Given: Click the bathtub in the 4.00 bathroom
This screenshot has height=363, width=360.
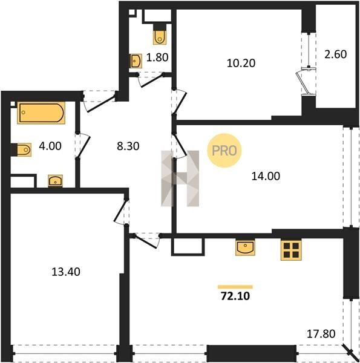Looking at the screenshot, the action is point(41,113).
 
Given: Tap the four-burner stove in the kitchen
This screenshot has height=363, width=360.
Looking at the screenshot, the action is point(291,250).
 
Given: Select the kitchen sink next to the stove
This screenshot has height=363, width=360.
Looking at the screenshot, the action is point(245,247).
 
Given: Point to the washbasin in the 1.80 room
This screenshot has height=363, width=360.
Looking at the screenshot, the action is point(136,61).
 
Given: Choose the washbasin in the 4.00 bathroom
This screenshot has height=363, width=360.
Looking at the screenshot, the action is point(55,180).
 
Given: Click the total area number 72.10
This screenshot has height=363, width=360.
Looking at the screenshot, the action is point(235,296).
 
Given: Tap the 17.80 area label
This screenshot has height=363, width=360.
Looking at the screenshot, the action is point(321,334).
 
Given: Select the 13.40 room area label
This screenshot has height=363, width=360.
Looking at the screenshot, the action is point(66,272).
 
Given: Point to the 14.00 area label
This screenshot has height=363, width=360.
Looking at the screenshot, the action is point(266,176).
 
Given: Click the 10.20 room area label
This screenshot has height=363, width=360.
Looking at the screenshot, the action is point(241,63).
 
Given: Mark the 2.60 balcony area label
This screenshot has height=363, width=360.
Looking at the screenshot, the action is point(335,54).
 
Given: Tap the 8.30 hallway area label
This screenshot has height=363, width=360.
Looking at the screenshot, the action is point(128,146).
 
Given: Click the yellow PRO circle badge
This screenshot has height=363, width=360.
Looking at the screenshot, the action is point(224,151).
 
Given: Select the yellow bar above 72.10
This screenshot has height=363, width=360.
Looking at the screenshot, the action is point(235,287).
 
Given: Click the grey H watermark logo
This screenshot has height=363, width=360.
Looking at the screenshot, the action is point(180,178).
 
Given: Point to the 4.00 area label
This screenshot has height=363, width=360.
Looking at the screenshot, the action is point(50,146).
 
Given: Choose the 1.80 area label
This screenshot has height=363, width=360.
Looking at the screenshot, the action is point(157,57).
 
